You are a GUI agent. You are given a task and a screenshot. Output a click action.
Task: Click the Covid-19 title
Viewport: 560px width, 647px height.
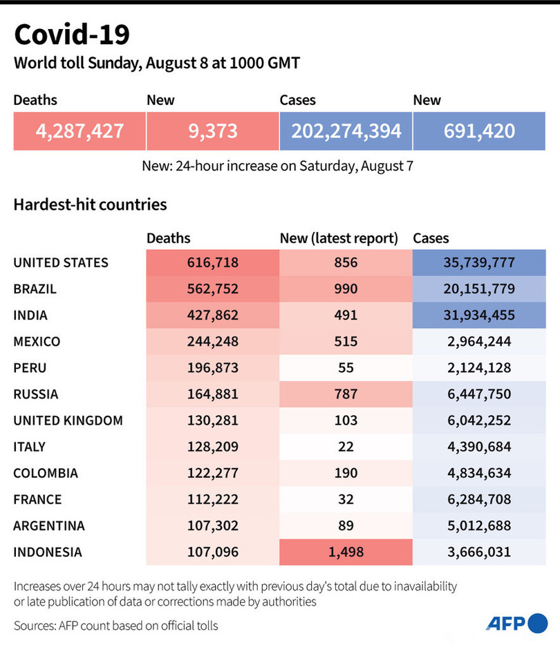(x=71, y=34)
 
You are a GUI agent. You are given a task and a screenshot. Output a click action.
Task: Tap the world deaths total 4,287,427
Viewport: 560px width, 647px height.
(x=79, y=131)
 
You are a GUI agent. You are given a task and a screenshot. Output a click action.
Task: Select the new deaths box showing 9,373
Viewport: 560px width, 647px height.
(x=212, y=131)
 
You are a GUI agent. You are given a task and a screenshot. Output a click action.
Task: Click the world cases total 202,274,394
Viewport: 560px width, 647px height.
(x=346, y=131)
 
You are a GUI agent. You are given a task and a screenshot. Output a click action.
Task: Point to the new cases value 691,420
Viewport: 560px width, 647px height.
(x=479, y=131)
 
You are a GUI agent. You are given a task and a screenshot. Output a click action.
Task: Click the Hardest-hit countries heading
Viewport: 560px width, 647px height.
(x=90, y=204)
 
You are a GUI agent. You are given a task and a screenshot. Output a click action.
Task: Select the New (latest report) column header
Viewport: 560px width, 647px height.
(x=339, y=238)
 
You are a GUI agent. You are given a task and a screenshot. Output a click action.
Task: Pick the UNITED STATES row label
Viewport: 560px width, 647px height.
(x=61, y=262)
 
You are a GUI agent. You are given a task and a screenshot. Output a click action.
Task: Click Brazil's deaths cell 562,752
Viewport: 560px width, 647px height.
(x=212, y=289)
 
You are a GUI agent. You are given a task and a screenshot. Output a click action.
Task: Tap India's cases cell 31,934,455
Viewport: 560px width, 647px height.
(x=479, y=315)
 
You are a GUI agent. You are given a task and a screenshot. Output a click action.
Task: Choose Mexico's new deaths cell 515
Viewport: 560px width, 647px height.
(x=346, y=341)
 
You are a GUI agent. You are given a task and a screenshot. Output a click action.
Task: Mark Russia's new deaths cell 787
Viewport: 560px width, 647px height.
(x=346, y=394)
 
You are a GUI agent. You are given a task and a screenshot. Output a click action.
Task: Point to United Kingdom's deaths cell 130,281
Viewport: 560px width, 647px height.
(x=212, y=421)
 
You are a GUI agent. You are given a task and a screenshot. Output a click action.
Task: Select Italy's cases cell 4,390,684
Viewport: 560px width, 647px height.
(x=479, y=447)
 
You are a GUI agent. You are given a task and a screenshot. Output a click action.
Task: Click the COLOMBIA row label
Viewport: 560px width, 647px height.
(x=46, y=473)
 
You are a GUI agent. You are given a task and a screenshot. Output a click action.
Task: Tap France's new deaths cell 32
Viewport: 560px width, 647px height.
(x=346, y=499)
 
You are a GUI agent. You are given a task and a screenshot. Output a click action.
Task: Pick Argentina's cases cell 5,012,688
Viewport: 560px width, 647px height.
(x=479, y=525)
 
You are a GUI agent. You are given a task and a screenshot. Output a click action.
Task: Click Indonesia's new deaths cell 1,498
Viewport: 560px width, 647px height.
(x=346, y=552)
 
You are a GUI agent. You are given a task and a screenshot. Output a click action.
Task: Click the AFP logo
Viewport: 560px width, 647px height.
(x=516, y=624)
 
